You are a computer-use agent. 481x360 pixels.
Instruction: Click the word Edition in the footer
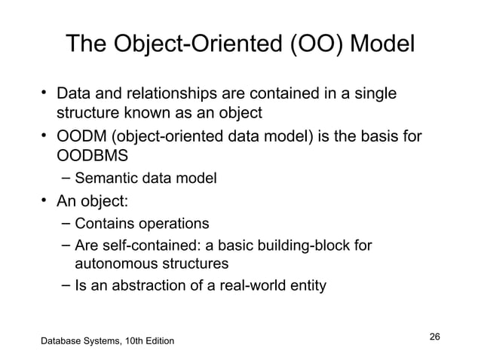(x=158, y=343)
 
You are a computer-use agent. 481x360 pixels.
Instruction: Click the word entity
(x=305, y=286)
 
